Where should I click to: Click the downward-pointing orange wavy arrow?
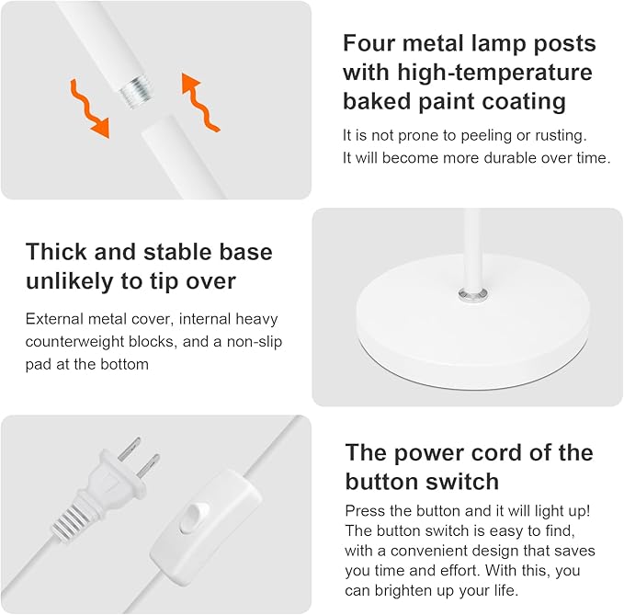90,108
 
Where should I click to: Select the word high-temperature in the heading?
495,72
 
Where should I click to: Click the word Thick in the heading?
57,252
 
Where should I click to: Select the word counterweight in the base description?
75,342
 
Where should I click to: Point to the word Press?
365,509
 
